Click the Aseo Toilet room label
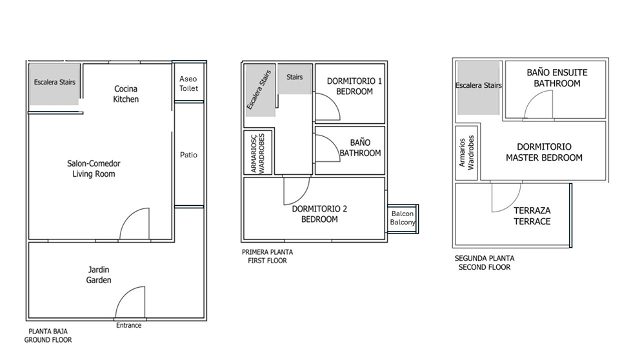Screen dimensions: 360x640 pyautogui.click(x=189, y=83)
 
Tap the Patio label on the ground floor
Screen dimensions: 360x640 pyautogui.click(x=189, y=155)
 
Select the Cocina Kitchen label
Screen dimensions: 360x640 pyautogui.click(x=126, y=94)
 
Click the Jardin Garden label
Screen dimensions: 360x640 pyautogui.click(x=99, y=275)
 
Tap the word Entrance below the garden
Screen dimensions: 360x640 pyautogui.click(x=128, y=325)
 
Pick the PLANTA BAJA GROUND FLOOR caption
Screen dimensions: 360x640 pyautogui.click(x=48, y=335)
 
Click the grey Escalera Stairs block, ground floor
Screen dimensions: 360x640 pyautogui.click(x=54, y=83)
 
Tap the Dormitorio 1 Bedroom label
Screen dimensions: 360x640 pyautogui.click(x=354, y=86)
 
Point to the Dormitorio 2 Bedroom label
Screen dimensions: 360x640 pyautogui.click(x=319, y=214)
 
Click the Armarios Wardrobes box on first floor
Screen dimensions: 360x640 pyautogui.click(x=258, y=152)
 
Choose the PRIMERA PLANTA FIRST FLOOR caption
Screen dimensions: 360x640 pyautogui.click(x=266, y=257)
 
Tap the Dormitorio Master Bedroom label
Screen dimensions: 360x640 pyautogui.click(x=544, y=152)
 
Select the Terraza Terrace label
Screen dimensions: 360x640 pyautogui.click(x=532, y=215)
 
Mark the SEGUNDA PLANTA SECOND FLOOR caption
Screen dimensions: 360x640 pyautogui.click(x=485, y=263)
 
